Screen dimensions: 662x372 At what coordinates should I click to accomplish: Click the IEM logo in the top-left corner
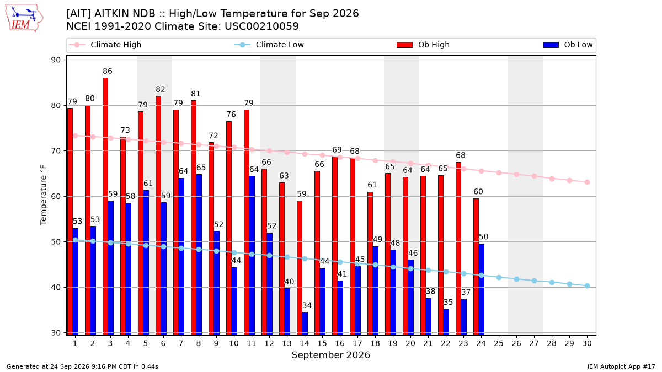coord(24,18)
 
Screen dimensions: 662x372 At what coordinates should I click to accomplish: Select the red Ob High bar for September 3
coord(105,206)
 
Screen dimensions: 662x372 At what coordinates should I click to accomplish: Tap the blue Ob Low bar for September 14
coord(305,324)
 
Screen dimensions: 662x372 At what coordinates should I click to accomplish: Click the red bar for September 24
coord(476,267)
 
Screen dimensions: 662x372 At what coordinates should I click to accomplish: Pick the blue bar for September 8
coord(199,255)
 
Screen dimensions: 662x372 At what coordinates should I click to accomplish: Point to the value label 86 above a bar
coord(108,71)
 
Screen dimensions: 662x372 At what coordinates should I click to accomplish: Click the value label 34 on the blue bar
coord(307,305)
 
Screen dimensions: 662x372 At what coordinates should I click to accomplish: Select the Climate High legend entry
coord(105,45)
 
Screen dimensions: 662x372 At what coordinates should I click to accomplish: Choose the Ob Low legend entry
coord(568,45)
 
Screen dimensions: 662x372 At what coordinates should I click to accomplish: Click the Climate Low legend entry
coord(269,45)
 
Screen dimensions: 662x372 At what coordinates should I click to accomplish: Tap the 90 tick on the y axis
coord(56,60)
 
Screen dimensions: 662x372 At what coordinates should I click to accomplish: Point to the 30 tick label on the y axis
coord(56,333)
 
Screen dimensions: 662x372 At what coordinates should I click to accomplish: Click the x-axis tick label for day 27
coord(534,343)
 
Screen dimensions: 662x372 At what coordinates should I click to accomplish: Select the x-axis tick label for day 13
coord(287,343)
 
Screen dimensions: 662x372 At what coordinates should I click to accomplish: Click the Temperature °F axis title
coord(44,196)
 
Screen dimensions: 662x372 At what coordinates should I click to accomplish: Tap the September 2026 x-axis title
coord(330,355)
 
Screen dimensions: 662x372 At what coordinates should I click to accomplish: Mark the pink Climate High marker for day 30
coord(587,182)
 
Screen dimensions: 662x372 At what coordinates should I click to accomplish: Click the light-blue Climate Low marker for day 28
coord(552,283)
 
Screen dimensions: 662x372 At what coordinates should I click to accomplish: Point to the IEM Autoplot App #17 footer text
coord(621,366)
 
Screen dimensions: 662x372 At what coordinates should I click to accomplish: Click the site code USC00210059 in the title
coord(261,26)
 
